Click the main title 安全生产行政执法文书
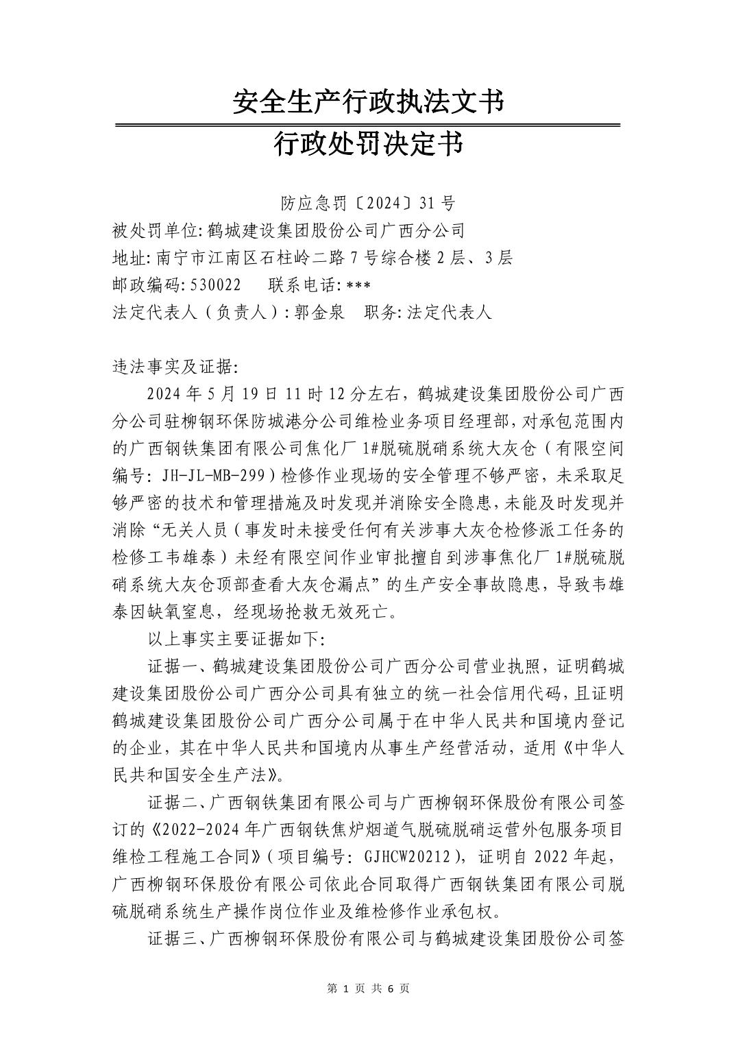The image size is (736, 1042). point(368,102)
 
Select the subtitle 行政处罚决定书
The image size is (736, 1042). point(368,144)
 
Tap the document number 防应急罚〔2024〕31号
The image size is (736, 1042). point(368,203)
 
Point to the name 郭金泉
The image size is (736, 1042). point(315,313)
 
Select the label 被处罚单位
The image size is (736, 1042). point(153,230)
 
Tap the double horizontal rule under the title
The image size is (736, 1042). point(368,125)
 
